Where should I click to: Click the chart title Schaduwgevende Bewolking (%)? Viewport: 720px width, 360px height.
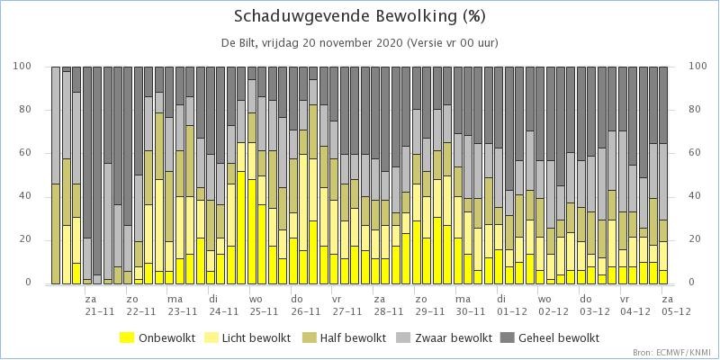(x=359, y=16)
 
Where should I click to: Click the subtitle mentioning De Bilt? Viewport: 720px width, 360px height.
(x=359, y=43)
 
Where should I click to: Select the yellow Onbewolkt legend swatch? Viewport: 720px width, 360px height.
(x=127, y=338)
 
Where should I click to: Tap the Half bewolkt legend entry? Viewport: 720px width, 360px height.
(x=343, y=338)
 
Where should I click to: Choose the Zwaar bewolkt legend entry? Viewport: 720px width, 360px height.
(x=444, y=338)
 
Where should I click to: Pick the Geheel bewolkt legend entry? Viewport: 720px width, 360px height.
(x=552, y=338)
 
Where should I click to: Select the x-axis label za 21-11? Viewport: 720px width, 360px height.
(x=99, y=305)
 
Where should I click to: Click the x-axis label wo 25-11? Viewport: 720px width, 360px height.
(x=264, y=305)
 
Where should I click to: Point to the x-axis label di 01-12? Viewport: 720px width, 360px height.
(x=511, y=305)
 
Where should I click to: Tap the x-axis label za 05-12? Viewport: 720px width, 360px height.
(x=677, y=305)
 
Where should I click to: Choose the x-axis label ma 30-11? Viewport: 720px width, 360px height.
(x=470, y=305)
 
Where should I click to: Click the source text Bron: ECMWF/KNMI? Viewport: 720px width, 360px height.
(x=674, y=353)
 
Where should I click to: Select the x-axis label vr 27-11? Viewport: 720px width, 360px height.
(x=346, y=305)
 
